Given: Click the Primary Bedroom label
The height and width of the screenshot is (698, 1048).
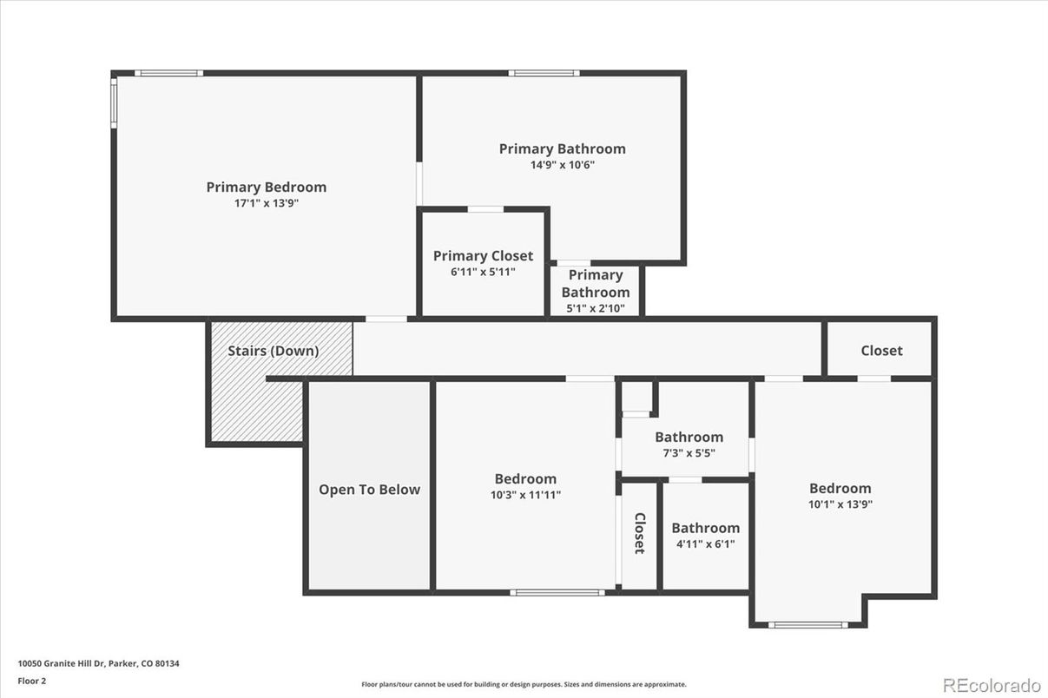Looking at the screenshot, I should click(x=266, y=187).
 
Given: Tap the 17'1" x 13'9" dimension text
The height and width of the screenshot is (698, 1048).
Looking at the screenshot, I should click(x=266, y=203).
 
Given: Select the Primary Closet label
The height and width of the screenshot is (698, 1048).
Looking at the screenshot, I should click(x=483, y=255).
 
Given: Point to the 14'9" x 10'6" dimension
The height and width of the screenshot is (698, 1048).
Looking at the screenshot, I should click(x=562, y=165).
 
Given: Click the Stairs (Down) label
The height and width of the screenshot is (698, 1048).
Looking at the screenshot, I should click(x=273, y=351).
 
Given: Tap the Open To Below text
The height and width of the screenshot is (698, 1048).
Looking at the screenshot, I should click(x=369, y=490).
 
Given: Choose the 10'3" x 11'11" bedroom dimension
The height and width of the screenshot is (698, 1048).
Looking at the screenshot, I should click(x=525, y=495).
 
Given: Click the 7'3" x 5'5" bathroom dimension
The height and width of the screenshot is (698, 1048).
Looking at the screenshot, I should click(x=689, y=453).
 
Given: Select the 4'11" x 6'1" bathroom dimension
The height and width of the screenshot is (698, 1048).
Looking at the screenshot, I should click(x=705, y=544).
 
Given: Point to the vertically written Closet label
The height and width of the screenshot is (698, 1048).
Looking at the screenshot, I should click(x=639, y=533).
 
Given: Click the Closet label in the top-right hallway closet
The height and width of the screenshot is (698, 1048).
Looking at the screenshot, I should click(x=881, y=351).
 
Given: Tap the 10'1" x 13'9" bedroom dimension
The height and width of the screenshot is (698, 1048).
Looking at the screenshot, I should click(x=840, y=504).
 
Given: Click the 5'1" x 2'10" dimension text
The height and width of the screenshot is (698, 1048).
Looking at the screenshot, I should click(x=596, y=308).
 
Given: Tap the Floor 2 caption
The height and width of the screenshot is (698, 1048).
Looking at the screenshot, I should click(x=32, y=681).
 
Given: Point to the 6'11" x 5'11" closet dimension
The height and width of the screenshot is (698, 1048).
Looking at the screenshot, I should click(x=483, y=272).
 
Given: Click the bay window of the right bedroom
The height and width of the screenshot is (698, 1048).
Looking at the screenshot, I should click(x=808, y=624).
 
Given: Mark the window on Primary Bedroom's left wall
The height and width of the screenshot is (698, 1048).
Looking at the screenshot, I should click(x=113, y=103).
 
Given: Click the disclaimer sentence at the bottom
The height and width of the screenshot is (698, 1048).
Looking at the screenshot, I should click(x=524, y=684).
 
